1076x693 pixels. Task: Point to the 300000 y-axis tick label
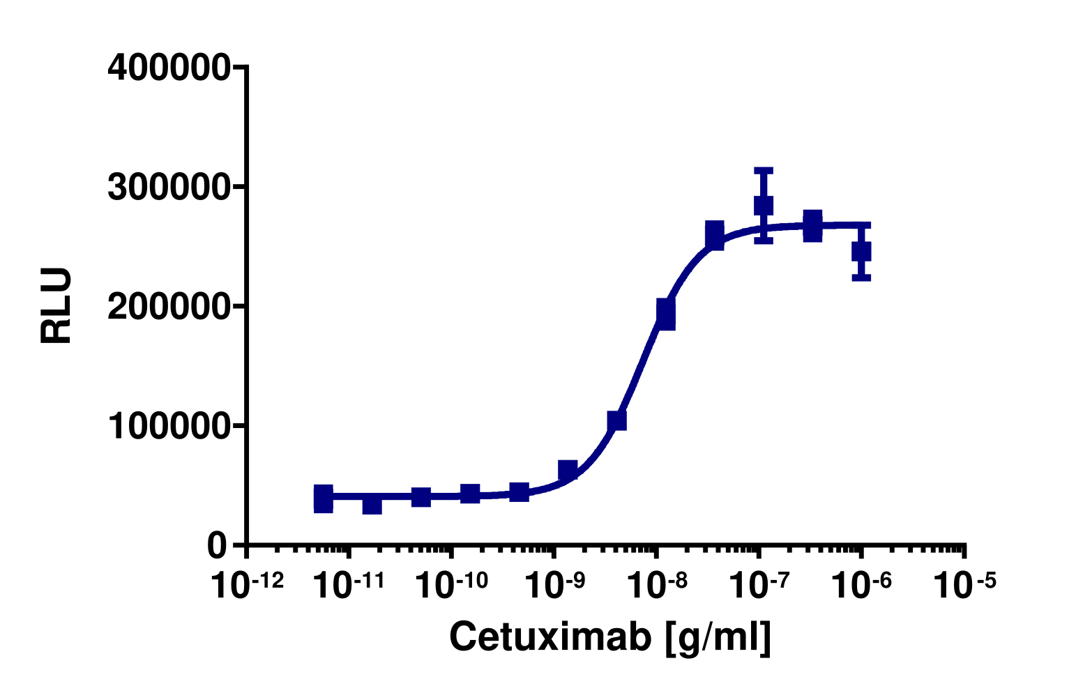coord(168,188)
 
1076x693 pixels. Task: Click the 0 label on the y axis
coord(218,546)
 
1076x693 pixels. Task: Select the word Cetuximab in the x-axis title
coord(550,636)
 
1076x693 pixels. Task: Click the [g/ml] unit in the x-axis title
coord(718,637)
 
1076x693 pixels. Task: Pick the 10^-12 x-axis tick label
coord(247,584)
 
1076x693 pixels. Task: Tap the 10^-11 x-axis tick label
coord(348,584)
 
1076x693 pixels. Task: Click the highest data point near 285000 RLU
coord(764,205)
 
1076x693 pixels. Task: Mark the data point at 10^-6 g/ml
coord(861,251)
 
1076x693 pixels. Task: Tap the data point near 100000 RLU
coord(616,420)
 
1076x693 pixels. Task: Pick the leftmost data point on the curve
coord(324,498)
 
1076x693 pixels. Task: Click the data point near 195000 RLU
coord(666,314)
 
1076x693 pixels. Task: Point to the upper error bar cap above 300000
coord(764,169)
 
